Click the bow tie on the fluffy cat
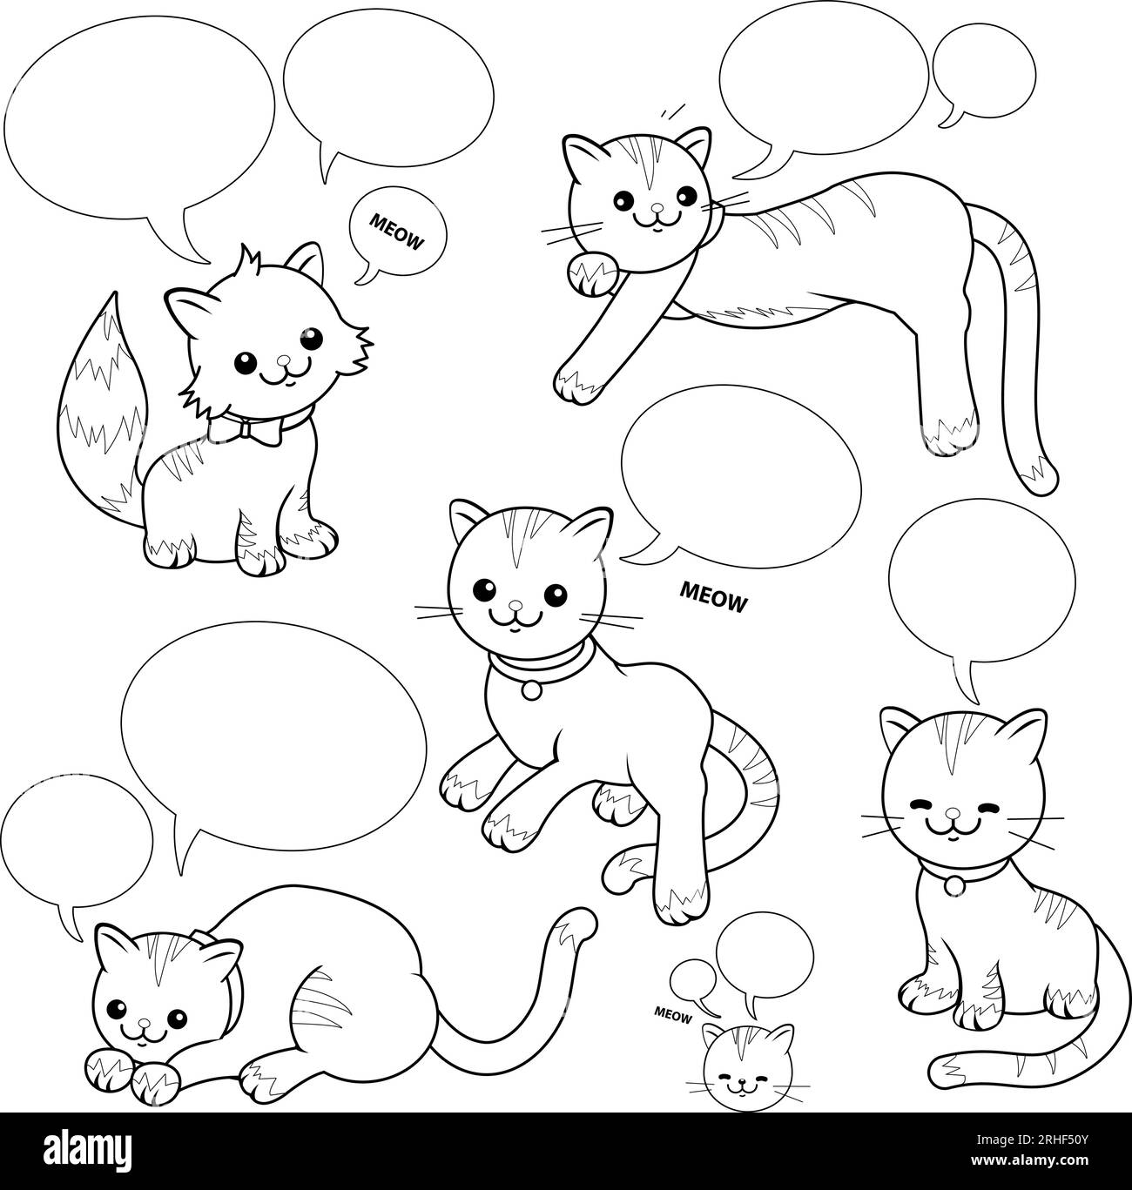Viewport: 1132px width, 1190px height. tap(245, 430)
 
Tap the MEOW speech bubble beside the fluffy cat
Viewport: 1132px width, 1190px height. tap(397, 234)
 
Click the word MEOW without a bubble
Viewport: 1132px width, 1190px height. tap(713, 596)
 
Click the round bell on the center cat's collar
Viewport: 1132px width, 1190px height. tap(531, 689)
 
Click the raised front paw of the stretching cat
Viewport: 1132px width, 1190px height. tap(592, 275)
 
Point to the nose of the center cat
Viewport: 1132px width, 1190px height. tap(515, 604)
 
